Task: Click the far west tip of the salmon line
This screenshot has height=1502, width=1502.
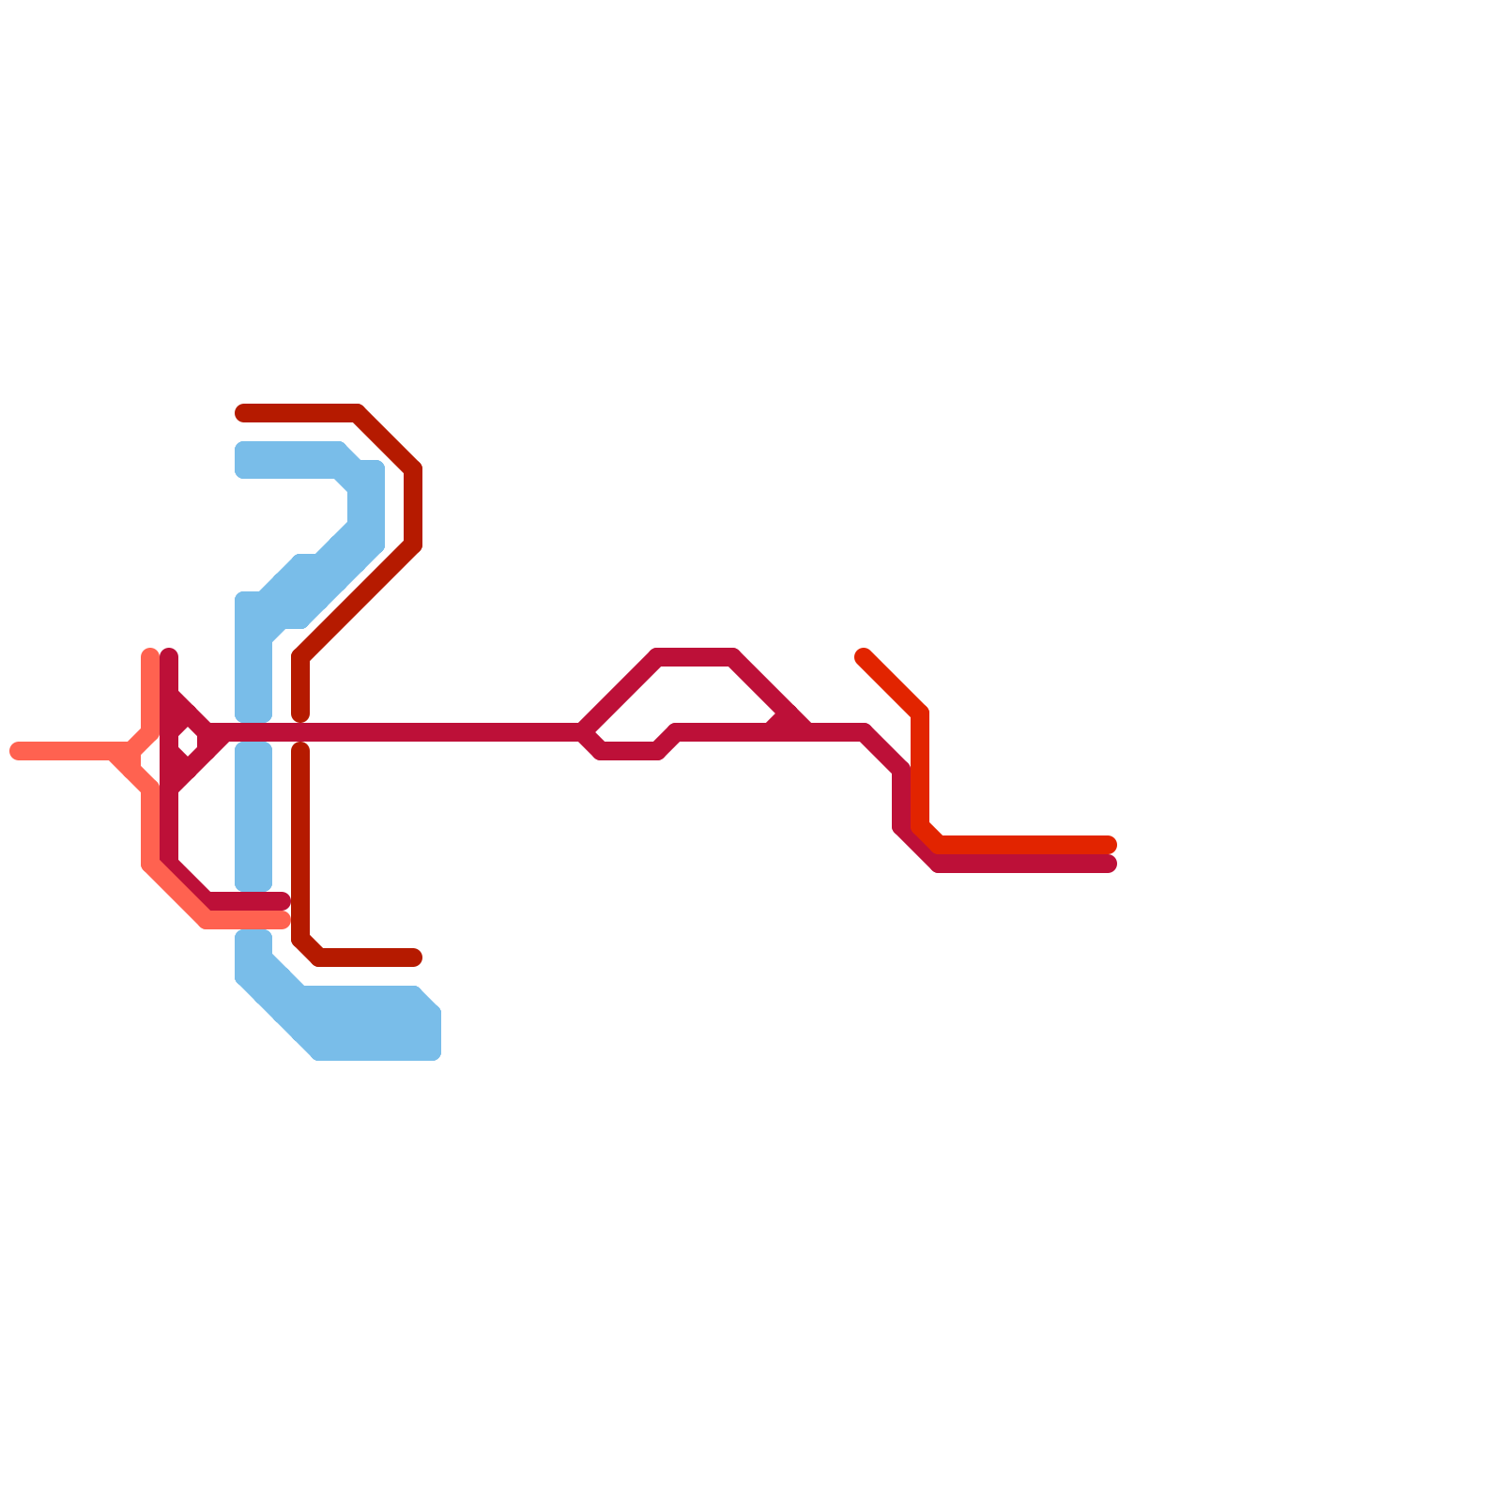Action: coord(16,751)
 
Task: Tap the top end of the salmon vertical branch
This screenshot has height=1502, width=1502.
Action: coord(150,655)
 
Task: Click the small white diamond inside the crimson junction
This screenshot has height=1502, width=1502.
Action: coord(188,742)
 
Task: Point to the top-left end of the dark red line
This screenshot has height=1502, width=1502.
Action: coord(242,413)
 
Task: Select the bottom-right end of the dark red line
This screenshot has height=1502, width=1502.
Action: coord(415,958)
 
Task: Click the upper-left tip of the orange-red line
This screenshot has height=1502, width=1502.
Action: coord(863,655)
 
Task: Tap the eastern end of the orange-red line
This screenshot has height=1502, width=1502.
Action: coord(1109,845)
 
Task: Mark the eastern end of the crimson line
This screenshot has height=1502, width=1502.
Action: coord(1109,864)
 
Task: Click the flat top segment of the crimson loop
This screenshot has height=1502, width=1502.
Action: coord(695,656)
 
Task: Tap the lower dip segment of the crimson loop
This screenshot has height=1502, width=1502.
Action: coord(629,751)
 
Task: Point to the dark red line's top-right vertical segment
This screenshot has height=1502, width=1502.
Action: coord(413,507)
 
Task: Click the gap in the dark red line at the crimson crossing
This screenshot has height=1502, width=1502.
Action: coord(300,732)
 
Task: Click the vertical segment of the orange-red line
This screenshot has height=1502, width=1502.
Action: coord(921,770)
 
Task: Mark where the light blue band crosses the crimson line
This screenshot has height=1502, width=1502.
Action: coord(253,732)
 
